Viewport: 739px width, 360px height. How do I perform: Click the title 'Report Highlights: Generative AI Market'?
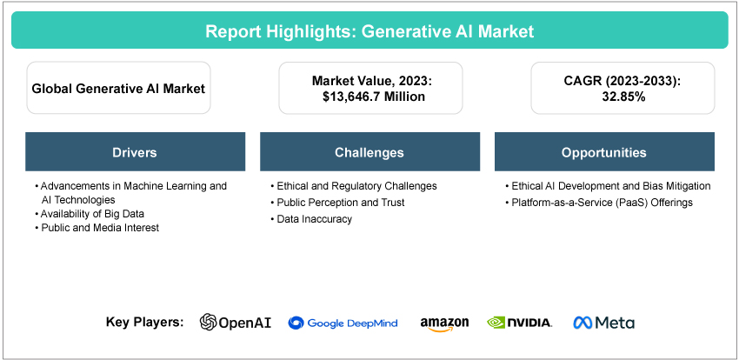(x=369, y=31)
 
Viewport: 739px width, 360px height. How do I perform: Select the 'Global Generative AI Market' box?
(x=118, y=88)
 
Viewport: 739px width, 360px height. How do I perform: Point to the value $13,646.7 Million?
(x=373, y=97)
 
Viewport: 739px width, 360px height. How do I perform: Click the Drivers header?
(x=135, y=152)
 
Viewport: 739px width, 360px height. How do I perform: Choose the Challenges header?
(x=369, y=152)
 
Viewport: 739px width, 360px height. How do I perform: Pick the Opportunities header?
(x=603, y=152)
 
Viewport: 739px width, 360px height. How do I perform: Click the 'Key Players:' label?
(x=144, y=322)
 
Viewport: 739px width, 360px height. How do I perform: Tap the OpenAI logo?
(x=236, y=323)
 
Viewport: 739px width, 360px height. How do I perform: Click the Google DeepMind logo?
(x=343, y=323)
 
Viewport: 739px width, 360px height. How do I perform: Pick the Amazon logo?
(x=444, y=323)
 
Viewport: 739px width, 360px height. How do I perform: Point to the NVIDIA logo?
(x=519, y=323)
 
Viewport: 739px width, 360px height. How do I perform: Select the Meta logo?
(x=604, y=323)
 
